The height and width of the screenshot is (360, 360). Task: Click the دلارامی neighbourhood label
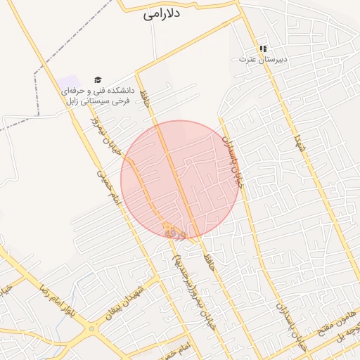coord(163,14)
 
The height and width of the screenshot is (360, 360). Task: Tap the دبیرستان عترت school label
coord(262,60)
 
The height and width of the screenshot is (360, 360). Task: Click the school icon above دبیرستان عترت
coord(262,49)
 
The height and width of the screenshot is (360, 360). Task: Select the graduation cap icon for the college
coord(98,80)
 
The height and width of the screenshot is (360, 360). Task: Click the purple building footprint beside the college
coord(69,83)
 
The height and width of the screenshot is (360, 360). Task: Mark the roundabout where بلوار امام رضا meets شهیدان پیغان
coord(91,329)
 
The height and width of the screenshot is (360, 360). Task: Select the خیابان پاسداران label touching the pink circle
coord(233,161)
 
